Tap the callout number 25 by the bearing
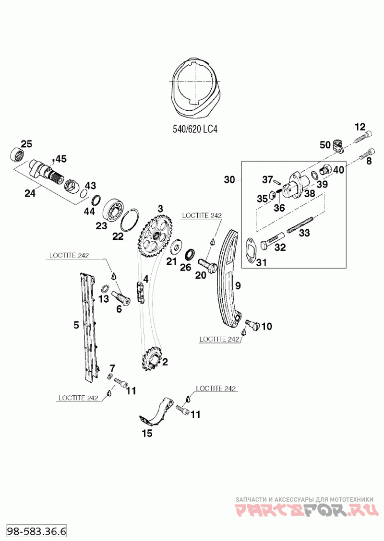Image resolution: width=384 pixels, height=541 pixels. (x=26, y=144)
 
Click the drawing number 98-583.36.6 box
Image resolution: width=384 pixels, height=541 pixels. (x=36, y=531)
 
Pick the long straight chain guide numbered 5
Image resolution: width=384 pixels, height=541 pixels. (x=88, y=326)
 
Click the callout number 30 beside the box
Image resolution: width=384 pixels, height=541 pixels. (x=229, y=180)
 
